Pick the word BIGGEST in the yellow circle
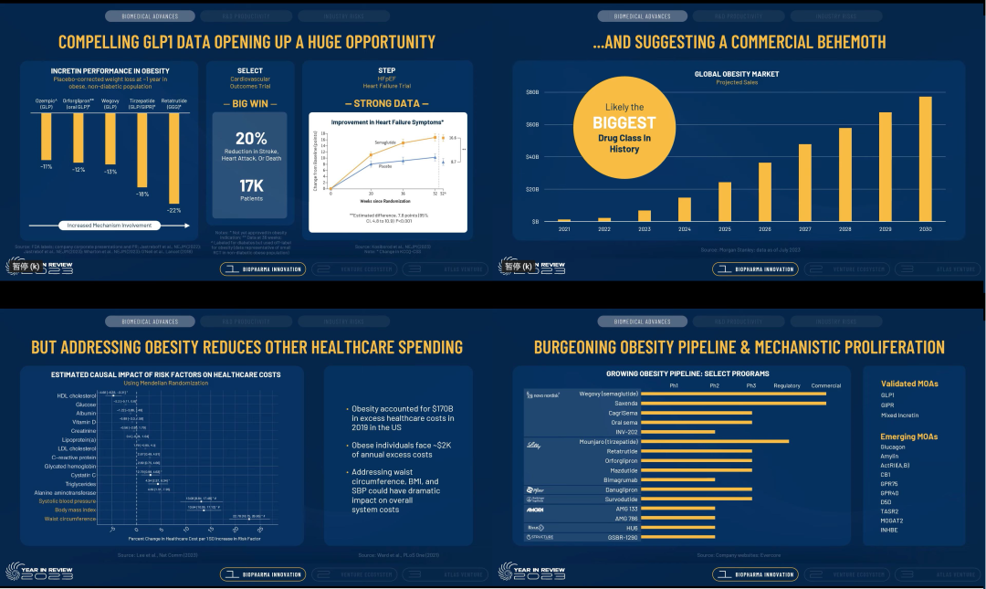tap(624, 122)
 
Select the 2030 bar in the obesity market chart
tap(925, 158)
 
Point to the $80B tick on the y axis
tap(533, 92)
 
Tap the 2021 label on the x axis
tap(563, 228)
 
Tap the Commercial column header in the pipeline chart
tap(825, 384)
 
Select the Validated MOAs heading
tap(908, 384)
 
